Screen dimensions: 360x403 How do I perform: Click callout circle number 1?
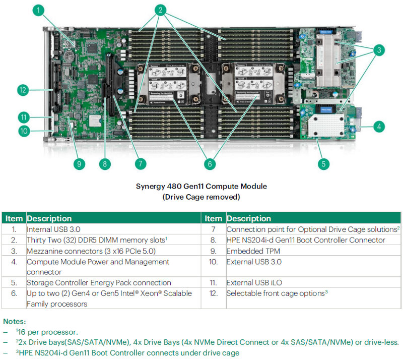click(40, 10)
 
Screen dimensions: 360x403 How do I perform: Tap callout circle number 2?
click(161, 10)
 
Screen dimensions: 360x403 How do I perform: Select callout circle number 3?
click(378, 50)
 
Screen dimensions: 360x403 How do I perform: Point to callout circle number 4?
click(378, 127)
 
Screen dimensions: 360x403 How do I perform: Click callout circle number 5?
click(324, 163)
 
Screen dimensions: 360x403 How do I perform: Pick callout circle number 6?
click(210, 163)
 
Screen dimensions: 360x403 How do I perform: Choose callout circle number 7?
click(141, 163)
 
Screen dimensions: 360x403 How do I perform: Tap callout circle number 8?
click(105, 163)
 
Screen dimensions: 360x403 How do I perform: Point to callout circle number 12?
click(22, 90)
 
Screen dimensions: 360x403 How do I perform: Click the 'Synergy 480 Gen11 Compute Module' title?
click(201, 187)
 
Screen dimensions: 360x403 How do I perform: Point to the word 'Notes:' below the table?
click(14, 321)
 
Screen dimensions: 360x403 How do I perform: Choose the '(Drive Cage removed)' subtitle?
click(201, 197)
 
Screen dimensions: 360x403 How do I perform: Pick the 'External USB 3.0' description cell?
click(254, 262)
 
